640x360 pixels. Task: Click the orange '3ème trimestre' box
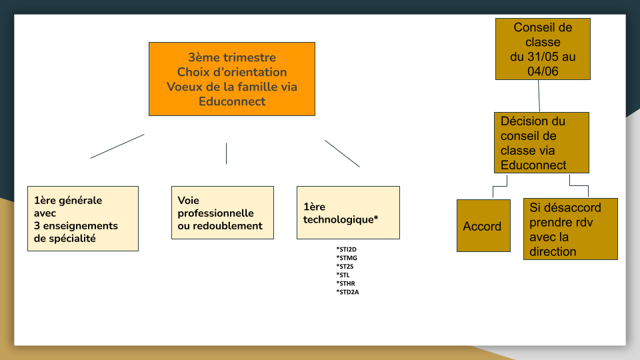pyautogui.click(x=232, y=79)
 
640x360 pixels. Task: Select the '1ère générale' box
pyautogui.click(x=83, y=219)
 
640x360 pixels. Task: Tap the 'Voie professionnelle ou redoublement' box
pyautogui.click(x=223, y=213)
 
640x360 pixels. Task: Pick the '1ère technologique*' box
pyautogui.click(x=348, y=213)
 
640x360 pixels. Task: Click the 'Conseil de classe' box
pyautogui.click(x=543, y=49)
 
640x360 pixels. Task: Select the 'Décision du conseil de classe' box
pyautogui.click(x=541, y=143)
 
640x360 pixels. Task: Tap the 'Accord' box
pyautogui.click(x=484, y=226)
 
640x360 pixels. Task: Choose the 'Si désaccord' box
pyautogui.click(x=571, y=229)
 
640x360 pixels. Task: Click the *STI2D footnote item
pyautogui.click(x=346, y=249)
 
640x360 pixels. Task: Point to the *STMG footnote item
pyautogui.click(x=347, y=258)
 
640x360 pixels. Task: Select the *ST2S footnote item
pyautogui.click(x=345, y=267)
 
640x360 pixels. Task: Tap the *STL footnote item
pyautogui.click(x=343, y=275)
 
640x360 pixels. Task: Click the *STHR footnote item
pyautogui.click(x=346, y=284)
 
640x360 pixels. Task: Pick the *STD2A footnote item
pyautogui.click(x=347, y=292)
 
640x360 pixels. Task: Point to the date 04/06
pyautogui.click(x=543, y=71)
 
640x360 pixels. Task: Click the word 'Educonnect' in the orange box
pyautogui.click(x=232, y=101)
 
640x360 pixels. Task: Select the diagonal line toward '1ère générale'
pyautogui.click(x=117, y=146)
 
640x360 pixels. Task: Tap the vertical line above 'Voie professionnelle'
pyautogui.click(x=226, y=153)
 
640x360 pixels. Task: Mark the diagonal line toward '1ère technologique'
pyautogui.click(x=343, y=153)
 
